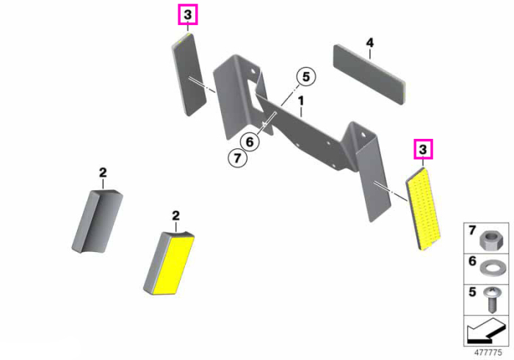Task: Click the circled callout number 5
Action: tap(306, 76)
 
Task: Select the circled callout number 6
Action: tap(250, 142)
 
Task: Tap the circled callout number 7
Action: tap(237, 158)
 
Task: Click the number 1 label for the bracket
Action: tap(301, 101)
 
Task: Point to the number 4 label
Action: tap(370, 43)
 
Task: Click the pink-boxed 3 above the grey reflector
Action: tap(188, 15)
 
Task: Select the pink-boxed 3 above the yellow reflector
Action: tap(423, 149)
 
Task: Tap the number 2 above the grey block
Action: tap(103, 173)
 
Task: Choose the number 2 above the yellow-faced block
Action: tap(176, 216)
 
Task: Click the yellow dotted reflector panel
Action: tap(423, 209)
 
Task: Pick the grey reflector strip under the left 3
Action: tap(189, 74)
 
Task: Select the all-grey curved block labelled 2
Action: tap(97, 221)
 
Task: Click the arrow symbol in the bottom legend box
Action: tap(486, 331)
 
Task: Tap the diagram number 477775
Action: tap(488, 353)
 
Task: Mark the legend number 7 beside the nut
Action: tap(472, 231)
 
